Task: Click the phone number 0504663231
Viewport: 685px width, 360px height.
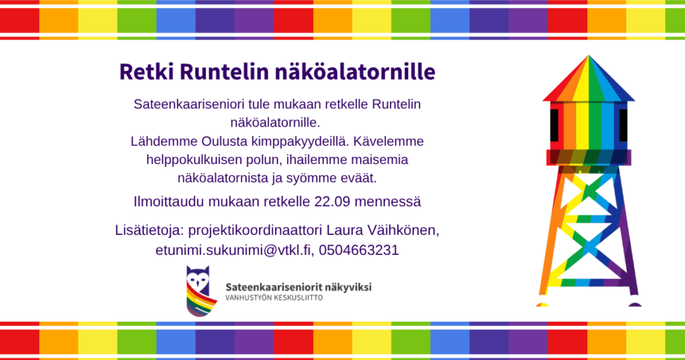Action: tap(359, 250)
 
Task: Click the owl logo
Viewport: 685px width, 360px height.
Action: tap(201, 290)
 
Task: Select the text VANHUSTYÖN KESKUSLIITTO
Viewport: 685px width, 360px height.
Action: tap(274, 298)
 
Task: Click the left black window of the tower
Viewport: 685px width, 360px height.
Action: tap(554, 125)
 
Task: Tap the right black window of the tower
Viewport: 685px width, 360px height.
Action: tap(623, 125)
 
